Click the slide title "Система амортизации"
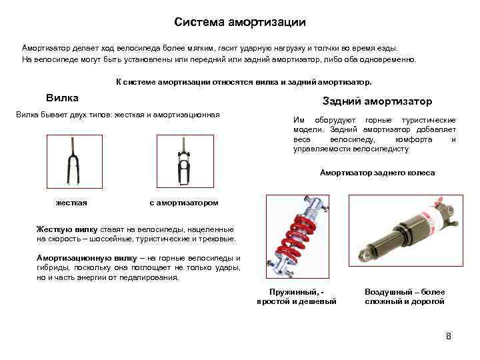[240, 23]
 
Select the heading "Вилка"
[62, 98]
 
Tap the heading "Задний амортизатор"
[377, 101]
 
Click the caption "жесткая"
[71, 203]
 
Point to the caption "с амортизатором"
[184, 203]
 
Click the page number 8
[449, 336]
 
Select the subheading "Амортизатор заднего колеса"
[377, 173]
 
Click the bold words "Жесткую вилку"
[67, 229]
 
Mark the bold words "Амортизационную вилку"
[87, 259]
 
